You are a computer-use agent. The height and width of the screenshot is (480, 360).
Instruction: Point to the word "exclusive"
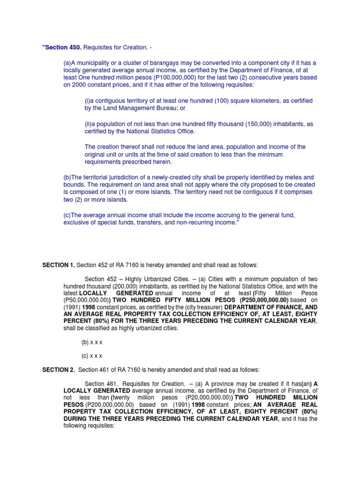click(78, 223)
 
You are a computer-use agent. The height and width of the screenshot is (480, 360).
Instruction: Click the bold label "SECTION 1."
click(59, 266)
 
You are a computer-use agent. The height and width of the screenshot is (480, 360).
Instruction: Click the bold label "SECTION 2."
click(59, 370)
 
